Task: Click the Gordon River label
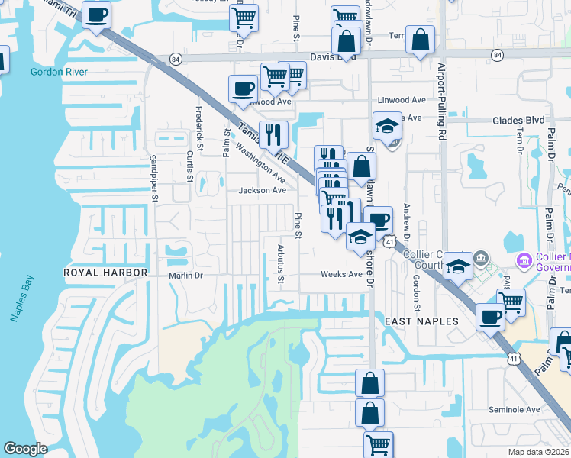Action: pos(59,72)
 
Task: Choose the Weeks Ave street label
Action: pos(341,274)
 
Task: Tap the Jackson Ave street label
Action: pos(263,190)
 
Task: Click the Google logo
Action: pos(25,449)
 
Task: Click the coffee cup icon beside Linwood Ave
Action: pos(243,88)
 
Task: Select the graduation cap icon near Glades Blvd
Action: pos(387,124)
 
